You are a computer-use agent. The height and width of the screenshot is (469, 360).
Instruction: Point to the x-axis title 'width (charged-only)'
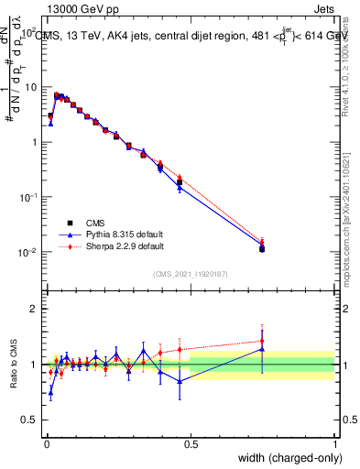click(x=285, y=457)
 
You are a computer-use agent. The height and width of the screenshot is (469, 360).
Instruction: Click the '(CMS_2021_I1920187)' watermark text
click(x=191, y=273)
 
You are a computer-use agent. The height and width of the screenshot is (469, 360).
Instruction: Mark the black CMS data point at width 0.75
click(x=262, y=248)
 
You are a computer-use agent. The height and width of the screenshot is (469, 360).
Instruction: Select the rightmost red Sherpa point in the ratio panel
click(x=262, y=341)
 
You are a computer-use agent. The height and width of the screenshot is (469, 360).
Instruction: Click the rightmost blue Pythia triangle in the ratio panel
click(x=262, y=349)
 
